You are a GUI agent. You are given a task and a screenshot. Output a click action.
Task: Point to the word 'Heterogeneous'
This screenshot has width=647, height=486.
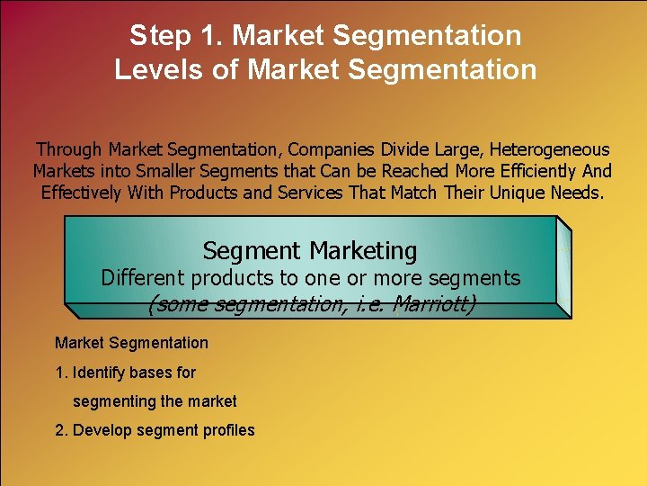tap(549, 149)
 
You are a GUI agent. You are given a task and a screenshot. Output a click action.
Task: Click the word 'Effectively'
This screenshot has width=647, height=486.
tap(83, 193)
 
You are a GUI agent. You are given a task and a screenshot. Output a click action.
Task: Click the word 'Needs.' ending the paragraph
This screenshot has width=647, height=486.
tap(581, 193)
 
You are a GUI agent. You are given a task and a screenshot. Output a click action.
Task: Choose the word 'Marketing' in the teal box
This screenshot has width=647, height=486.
tap(363, 250)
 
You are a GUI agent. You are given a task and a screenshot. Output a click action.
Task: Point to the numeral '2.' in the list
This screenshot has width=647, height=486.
tap(61, 430)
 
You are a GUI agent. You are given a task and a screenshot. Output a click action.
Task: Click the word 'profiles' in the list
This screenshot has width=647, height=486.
tap(226, 430)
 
